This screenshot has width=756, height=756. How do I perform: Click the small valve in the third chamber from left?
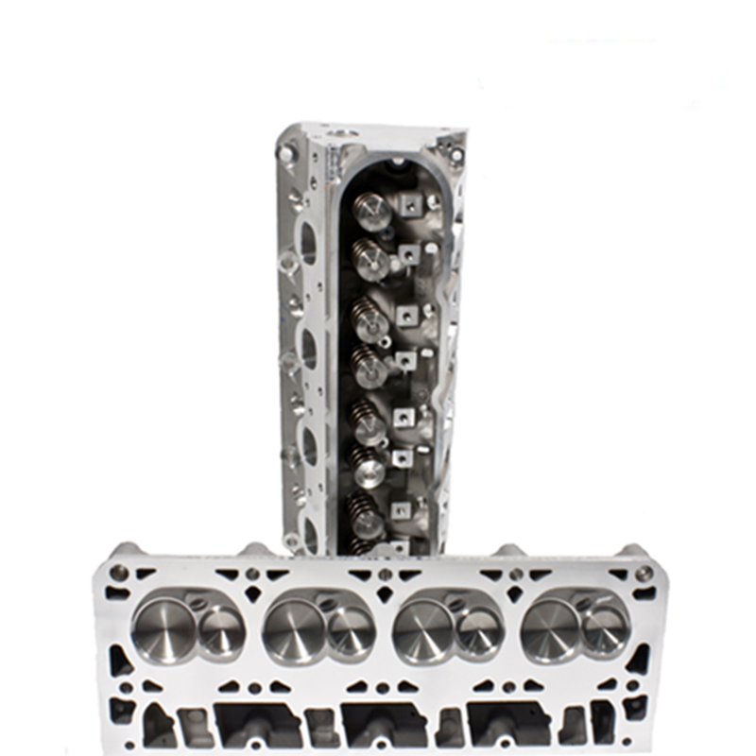coord(479,631)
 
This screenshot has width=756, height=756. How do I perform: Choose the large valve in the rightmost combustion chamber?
coord(550,628)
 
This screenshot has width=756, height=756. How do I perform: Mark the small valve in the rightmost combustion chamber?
coord(605,629)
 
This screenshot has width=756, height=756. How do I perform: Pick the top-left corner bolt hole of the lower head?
coord(119,573)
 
